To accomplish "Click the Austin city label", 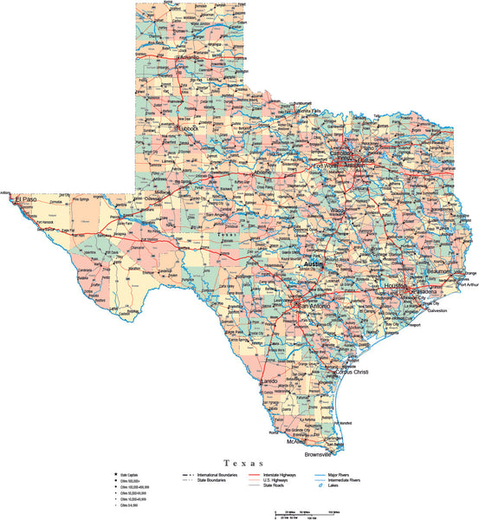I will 313,263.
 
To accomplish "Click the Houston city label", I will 396,286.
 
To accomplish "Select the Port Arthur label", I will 465,282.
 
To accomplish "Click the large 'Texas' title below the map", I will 240,464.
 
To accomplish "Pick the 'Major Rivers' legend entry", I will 340,475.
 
